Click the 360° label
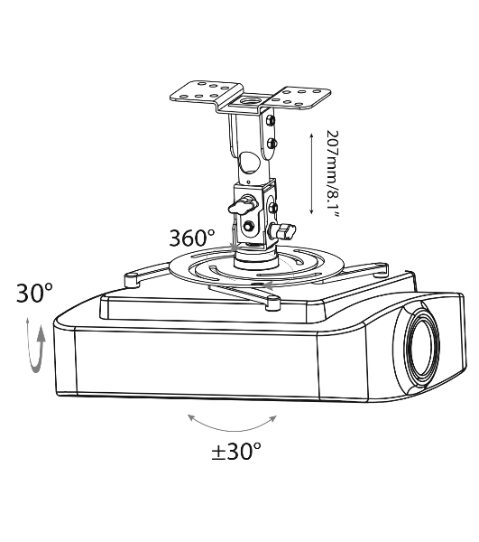pos(192,238)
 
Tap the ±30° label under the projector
pos(236,451)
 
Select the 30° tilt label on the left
pos(34,293)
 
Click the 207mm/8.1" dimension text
pos(332,173)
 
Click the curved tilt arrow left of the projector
pos(37,349)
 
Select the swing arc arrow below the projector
pos(232,425)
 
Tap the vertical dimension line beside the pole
pos(311,173)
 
